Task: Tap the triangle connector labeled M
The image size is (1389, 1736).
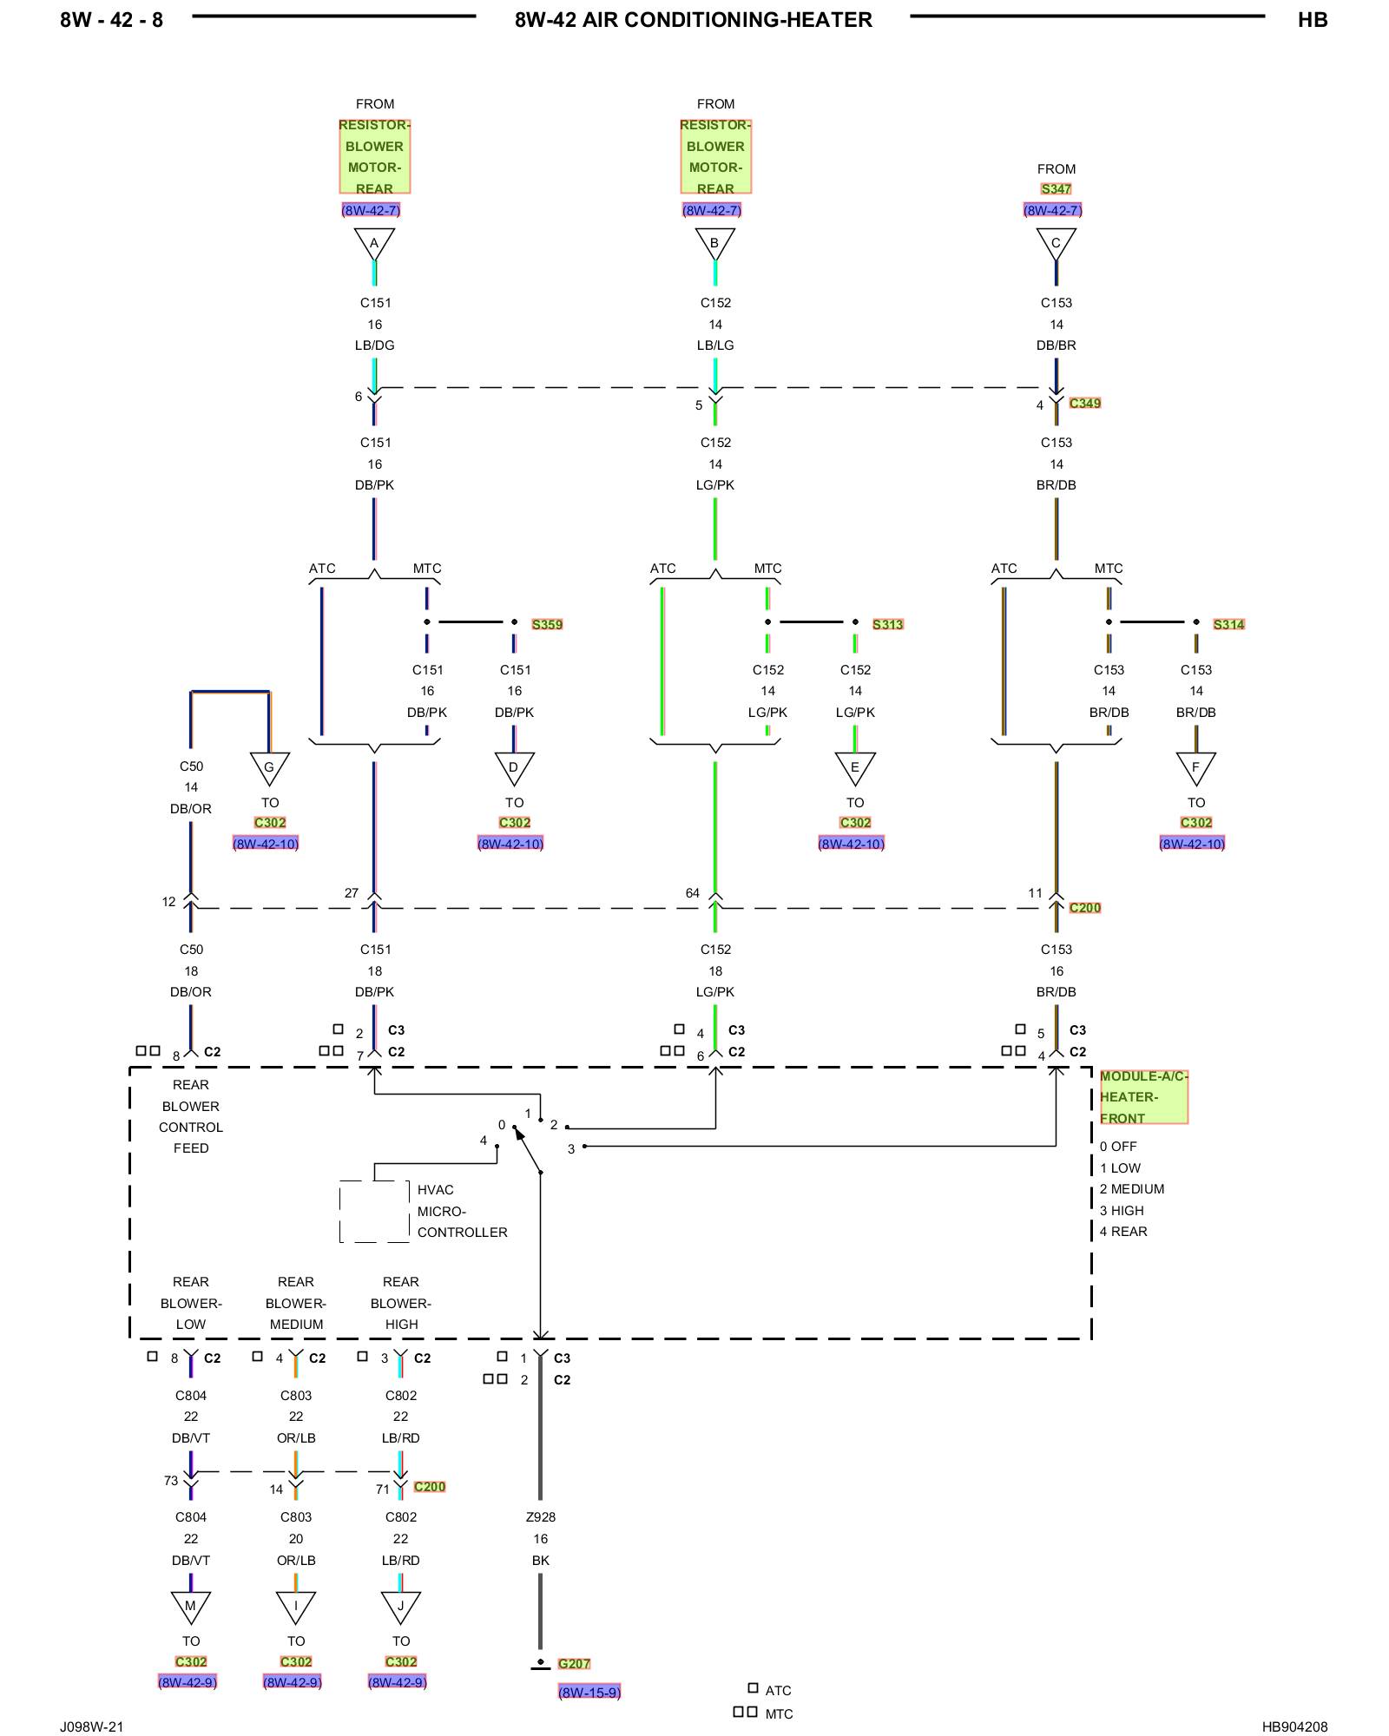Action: [191, 1607]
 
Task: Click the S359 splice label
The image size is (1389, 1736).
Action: [547, 624]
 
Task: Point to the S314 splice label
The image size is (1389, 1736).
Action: [1228, 624]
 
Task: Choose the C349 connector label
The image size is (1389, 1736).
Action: [1085, 403]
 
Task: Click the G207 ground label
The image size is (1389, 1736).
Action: [574, 1663]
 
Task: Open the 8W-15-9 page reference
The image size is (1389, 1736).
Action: [589, 1692]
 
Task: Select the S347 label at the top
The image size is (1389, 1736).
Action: [1056, 188]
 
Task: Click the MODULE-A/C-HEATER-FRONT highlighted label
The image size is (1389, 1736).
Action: [1142, 1097]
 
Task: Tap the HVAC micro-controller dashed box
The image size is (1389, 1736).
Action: [374, 1211]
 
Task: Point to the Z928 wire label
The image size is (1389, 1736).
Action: [540, 1516]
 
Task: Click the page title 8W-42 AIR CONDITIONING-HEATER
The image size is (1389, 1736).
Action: [693, 20]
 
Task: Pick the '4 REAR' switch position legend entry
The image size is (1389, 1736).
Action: [1123, 1231]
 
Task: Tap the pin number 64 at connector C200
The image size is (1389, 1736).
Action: [692, 892]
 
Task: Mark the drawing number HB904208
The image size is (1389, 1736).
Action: [1294, 1726]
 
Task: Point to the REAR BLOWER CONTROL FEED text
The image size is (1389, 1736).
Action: [191, 1116]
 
